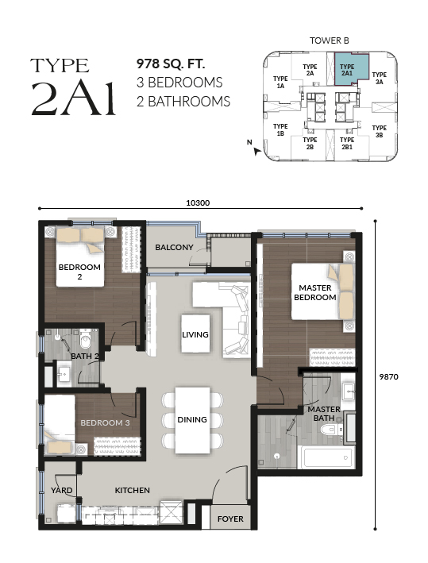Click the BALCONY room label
(174, 248)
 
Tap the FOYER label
(230, 519)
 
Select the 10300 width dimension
(198, 202)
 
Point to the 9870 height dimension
(389, 376)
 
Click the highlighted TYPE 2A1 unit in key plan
(351, 69)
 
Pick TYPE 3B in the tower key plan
(380, 131)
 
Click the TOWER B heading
(330, 40)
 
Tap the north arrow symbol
(256, 151)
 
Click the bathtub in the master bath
(326, 457)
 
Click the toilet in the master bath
(331, 429)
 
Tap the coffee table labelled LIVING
(195, 334)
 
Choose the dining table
(192, 420)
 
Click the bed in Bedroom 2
(80, 256)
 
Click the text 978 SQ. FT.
(171, 64)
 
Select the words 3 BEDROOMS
(179, 83)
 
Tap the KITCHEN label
(132, 490)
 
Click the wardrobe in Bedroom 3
(117, 446)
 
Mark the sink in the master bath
(349, 391)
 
